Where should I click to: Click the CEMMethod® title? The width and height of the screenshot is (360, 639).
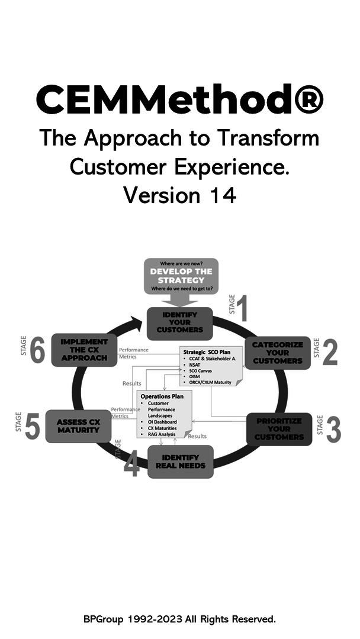point(179,99)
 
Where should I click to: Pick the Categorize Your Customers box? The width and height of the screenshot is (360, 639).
point(277,353)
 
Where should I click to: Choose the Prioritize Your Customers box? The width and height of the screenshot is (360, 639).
point(279,428)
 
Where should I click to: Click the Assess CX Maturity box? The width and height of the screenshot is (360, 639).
point(78,426)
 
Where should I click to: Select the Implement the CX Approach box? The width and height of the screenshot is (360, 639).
point(84,350)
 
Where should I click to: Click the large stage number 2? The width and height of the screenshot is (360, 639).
point(330,353)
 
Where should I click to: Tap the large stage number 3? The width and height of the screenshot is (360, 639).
point(333,430)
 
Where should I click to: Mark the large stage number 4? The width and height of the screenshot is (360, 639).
point(131,464)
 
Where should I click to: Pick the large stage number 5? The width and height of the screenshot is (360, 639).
point(33,427)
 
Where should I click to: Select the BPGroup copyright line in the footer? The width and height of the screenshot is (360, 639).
point(179,619)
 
